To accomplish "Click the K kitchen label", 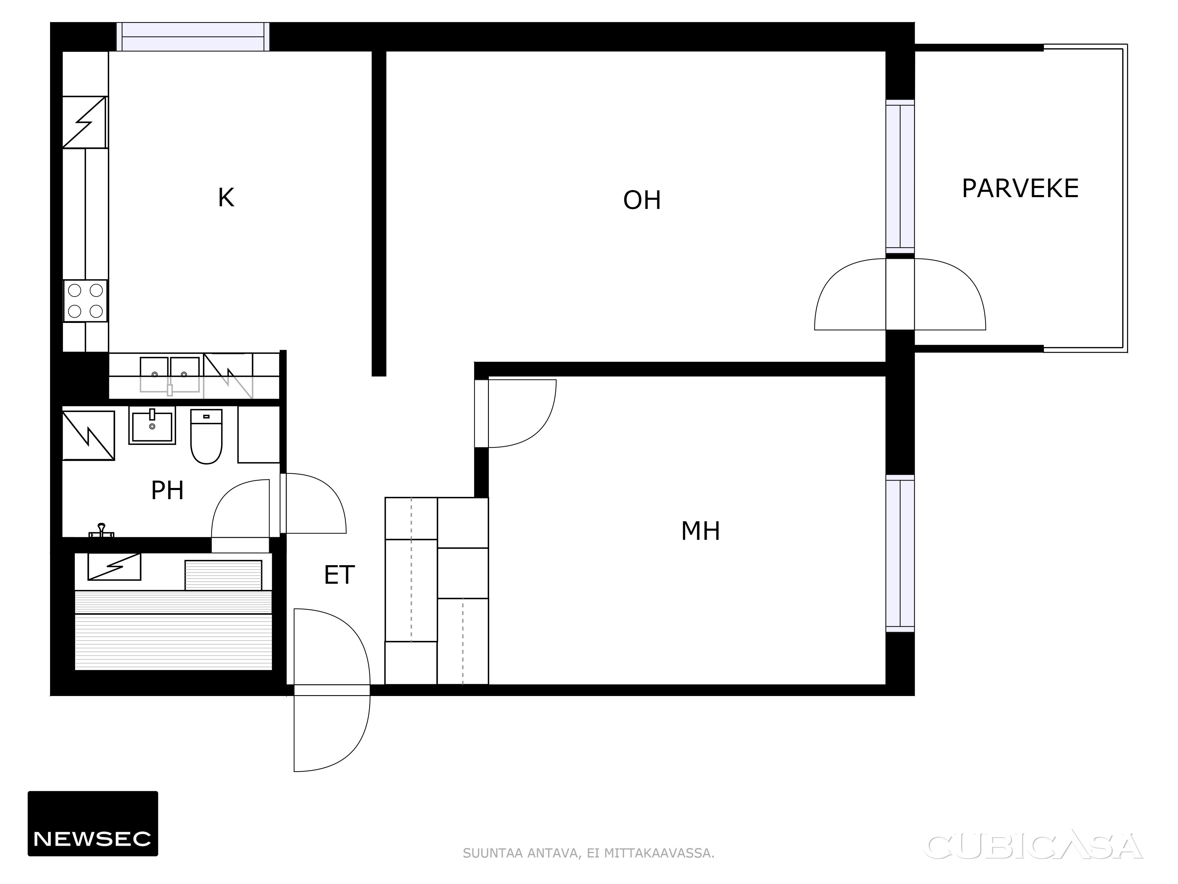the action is pyautogui.click(x=226, y=198).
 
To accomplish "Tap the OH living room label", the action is pyautogui.click(x=642, y=200).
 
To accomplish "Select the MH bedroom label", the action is pyautogui.click(x=700, y=531).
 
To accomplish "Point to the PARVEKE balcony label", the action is pyautogui.click(x=1020, y=189).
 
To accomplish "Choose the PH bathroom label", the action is pyautogui.click(x=167, y=490).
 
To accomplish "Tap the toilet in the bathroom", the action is pyautogui.click(x=206, y=436).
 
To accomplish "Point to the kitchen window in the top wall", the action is pyautogui.click(x=193, y=37).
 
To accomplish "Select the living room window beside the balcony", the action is pyautogui.click(x=900, y=177).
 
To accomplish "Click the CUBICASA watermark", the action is pyautogui.click(x=1035, y=847).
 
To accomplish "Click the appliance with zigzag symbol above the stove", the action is pyautogui.click(x=85, y=122).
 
